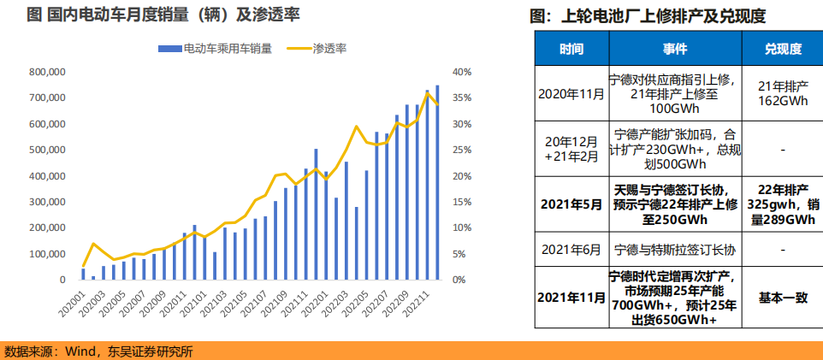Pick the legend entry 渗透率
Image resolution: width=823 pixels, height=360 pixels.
329,49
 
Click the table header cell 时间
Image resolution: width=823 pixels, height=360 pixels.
571,49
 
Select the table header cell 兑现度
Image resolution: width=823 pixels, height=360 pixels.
783,49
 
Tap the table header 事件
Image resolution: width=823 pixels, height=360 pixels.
675,49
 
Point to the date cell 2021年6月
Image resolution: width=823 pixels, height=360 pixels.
571,250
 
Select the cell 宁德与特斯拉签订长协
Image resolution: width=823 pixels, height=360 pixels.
675,250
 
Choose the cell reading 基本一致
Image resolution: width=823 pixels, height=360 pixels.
783,298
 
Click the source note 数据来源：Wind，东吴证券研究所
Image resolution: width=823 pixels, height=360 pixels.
98,351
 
